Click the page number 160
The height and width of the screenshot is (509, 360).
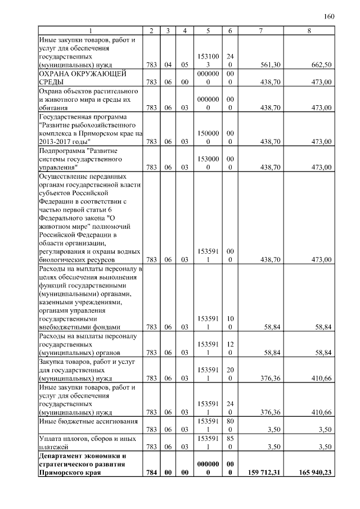tap(329, 16)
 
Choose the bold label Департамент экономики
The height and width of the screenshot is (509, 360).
tap(81, 455)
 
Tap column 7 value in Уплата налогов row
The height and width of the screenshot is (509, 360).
tap(274, 447)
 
